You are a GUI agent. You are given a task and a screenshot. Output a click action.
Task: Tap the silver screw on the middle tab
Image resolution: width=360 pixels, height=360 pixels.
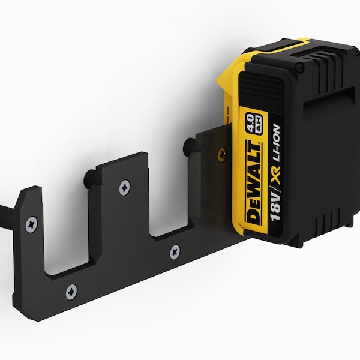pyautogui.click(x=124, y=187)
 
